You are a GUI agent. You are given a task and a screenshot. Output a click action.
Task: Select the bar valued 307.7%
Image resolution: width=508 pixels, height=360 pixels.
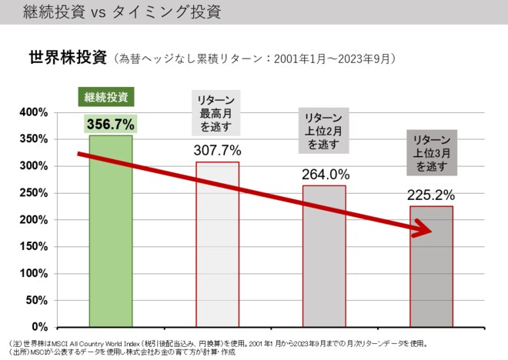217,245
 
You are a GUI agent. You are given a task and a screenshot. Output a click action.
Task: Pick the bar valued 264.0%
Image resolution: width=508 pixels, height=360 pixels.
323,256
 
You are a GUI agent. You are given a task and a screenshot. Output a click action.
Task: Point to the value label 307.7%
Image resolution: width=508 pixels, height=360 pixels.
217,150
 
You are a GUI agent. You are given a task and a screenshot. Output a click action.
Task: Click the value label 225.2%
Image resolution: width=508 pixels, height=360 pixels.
432,194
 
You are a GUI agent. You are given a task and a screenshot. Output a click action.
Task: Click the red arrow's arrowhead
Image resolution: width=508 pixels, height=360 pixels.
423,228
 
